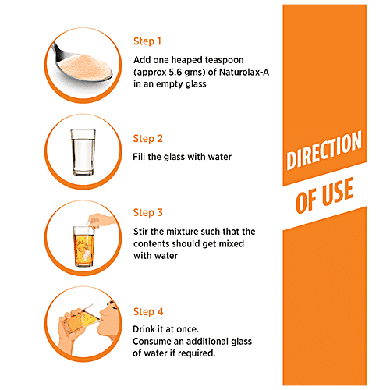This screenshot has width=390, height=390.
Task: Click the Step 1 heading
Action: [x=147, y=41]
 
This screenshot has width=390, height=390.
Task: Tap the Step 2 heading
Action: [x=147, y=139]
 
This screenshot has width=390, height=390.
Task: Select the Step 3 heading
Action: [x=147, y=212]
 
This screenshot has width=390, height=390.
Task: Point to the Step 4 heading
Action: [x=148, y=311]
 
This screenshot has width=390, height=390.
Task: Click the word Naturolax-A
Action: [x=244, y=72]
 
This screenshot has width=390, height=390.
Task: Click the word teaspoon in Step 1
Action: [x=225, y=60]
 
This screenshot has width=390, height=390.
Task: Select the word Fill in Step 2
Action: [x=139, y=157]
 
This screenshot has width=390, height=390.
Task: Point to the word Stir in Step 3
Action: [x=140, y=232]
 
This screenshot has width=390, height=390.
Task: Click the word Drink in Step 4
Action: [x=144, y=329]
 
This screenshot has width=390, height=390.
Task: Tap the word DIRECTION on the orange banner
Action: [x=324, y=150]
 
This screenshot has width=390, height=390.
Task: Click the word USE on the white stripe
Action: [x=338, y=192]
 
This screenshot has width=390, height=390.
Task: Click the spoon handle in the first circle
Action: [x=58, y=51]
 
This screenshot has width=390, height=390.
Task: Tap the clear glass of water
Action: [x=83, y=152]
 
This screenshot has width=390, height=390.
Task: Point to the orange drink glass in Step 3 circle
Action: [x=83, y=246]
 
